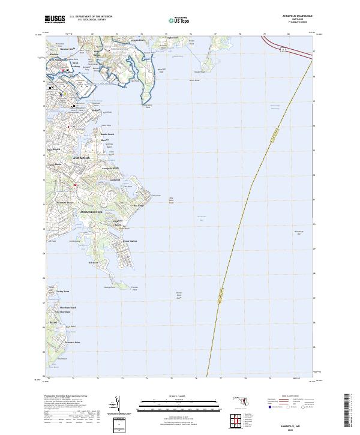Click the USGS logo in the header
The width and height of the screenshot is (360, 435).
point(55,19)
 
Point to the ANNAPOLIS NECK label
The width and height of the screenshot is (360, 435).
point(92,212)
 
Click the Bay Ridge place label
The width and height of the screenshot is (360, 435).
point(139,206)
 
